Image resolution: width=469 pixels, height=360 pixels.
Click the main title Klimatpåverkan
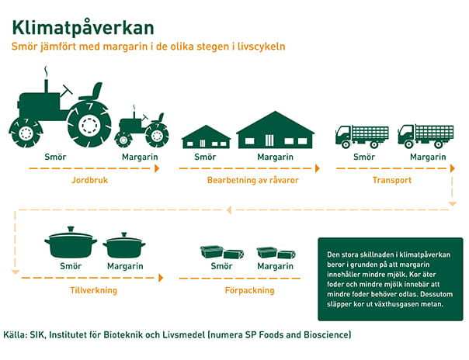83,28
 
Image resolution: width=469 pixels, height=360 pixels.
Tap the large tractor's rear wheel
89,124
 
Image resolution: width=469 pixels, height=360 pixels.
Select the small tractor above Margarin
141,126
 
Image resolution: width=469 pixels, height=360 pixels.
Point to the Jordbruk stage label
89,180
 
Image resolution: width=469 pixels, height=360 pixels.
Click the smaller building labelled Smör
206,137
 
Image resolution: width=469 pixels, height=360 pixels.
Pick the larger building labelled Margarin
275,130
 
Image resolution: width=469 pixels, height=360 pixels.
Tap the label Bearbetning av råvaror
252,180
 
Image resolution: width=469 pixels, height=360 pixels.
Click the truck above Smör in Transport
362,137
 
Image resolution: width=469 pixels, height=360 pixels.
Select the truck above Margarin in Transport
426,137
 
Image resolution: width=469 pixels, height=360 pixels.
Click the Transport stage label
392,180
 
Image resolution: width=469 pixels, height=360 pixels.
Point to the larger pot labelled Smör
71,242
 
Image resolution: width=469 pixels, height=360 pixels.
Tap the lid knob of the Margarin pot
124,235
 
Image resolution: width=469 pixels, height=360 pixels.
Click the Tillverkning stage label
93,290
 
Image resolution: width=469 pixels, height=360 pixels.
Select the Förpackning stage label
249,290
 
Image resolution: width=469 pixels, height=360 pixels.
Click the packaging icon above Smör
221,252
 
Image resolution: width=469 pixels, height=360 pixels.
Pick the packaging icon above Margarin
276,253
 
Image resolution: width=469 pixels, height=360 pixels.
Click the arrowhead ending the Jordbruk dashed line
157,168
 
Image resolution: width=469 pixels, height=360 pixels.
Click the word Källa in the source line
14,334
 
